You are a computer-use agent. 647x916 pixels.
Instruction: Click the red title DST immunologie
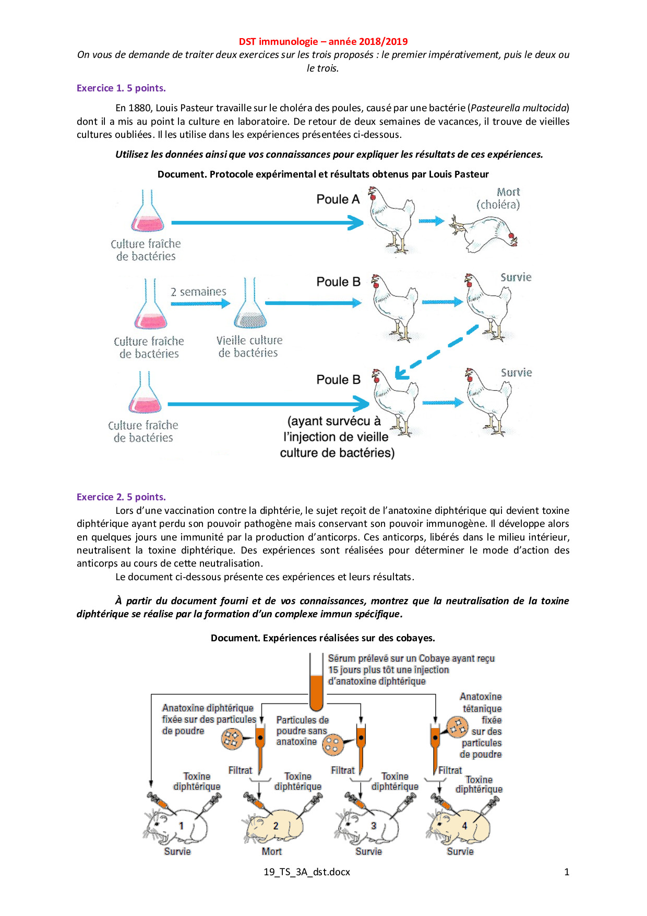pyautogui.click(x=323, y=42)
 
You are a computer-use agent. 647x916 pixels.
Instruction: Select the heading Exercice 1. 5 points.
pyautogui.click(x=121, y=88)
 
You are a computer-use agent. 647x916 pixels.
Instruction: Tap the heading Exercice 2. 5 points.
pyautogui.click(x=121, y=497)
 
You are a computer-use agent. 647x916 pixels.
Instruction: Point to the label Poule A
pyautogui.click(x=338, y=199)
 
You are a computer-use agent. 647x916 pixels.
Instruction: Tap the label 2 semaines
pyautogui.click(x=198, y=292)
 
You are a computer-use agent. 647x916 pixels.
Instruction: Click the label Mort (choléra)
pyautogui.click(x=498, y=198)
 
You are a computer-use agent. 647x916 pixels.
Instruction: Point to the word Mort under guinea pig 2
pyautogui.click(x=271, y=852)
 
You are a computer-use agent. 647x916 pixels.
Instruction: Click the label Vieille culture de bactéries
pyautogui.click(x=249, y=347)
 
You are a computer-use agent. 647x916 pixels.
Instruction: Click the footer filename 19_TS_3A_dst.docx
pyautogui.click(x=307, y=872)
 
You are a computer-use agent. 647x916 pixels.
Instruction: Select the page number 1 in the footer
pyautogui.click(x=567, y=872)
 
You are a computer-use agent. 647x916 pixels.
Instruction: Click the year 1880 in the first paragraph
pyautogui.click(x=140, y=108)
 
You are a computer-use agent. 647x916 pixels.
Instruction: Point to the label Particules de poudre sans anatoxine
pyautogui.click(x=302, y=731)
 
